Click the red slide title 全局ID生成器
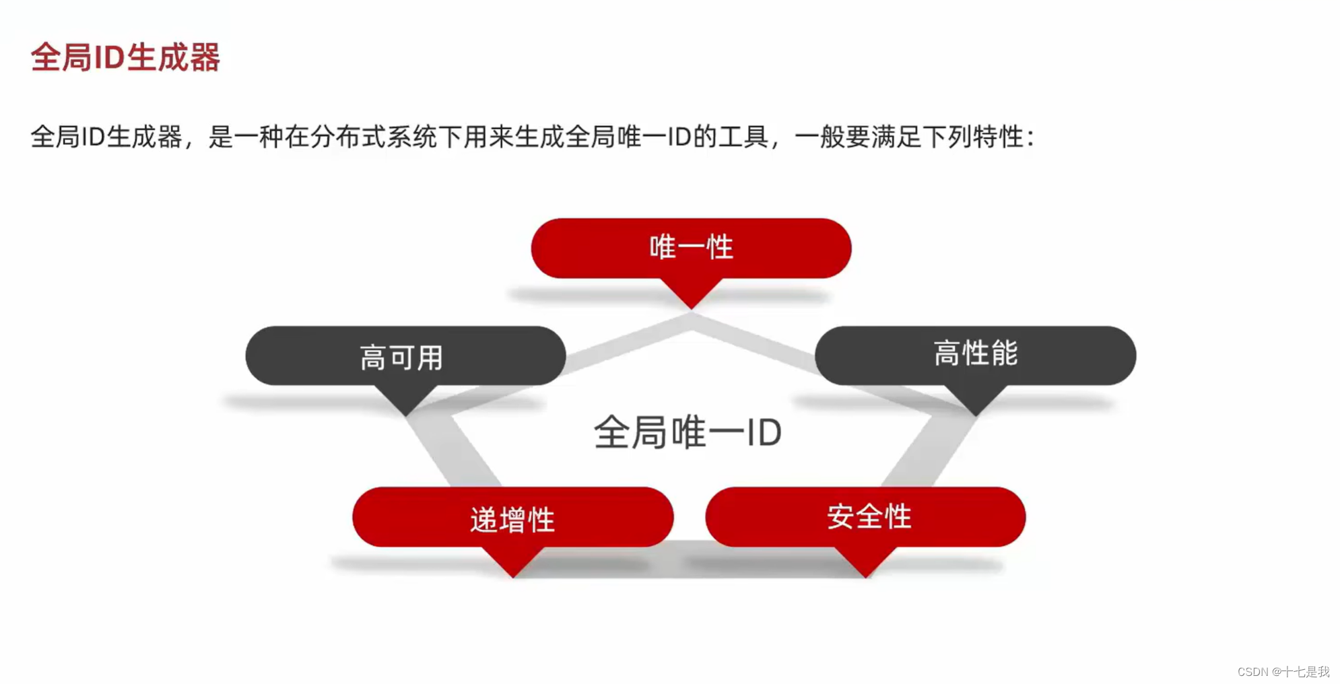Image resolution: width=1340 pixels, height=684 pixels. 125,57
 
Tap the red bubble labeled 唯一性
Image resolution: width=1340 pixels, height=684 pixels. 691,247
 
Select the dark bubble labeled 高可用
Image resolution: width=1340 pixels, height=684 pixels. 405,356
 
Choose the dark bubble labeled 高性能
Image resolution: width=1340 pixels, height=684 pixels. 975,354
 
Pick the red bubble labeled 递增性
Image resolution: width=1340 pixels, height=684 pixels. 512,518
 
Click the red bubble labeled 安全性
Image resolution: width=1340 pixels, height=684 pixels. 865,516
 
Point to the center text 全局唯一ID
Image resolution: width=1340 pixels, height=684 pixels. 687,432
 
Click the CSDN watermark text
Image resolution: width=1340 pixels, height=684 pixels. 1283,671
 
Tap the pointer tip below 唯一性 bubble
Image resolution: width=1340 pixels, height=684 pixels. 691,303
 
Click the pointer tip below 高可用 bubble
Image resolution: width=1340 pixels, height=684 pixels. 405,409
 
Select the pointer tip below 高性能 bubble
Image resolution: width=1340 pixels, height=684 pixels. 976,409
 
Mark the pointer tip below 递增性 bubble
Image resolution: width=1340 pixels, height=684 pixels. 513,572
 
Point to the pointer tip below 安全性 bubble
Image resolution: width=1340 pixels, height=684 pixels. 866,572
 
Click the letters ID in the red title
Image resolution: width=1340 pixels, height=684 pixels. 108,57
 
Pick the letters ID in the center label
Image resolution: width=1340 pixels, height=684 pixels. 764,432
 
